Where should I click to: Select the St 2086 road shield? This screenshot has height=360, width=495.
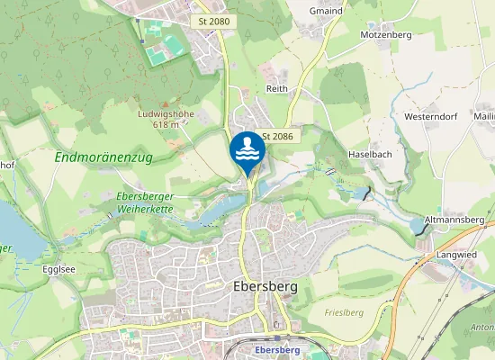277,136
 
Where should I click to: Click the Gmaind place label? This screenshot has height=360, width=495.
325,11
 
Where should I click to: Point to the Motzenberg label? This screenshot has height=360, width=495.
385,34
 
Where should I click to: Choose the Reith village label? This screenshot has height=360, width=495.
276,89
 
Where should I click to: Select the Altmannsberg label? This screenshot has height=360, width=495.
454,220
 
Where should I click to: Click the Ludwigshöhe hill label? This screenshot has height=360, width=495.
166,114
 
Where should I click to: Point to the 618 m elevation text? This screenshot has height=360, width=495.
166,125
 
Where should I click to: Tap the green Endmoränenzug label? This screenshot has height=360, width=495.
103,157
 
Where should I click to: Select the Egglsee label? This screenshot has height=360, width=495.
58,268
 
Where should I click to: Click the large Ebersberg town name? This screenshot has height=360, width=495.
265,288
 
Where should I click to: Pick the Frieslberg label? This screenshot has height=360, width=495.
342,311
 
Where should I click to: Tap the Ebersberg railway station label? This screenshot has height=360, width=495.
276,349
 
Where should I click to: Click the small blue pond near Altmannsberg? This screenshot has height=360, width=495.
418,225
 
